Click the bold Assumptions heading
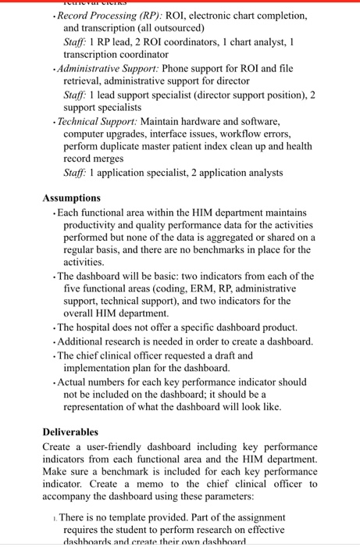pos(71,198)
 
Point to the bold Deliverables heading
pos(71,431)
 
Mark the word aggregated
pos(237,238)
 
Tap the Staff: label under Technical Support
pos(77,173)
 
